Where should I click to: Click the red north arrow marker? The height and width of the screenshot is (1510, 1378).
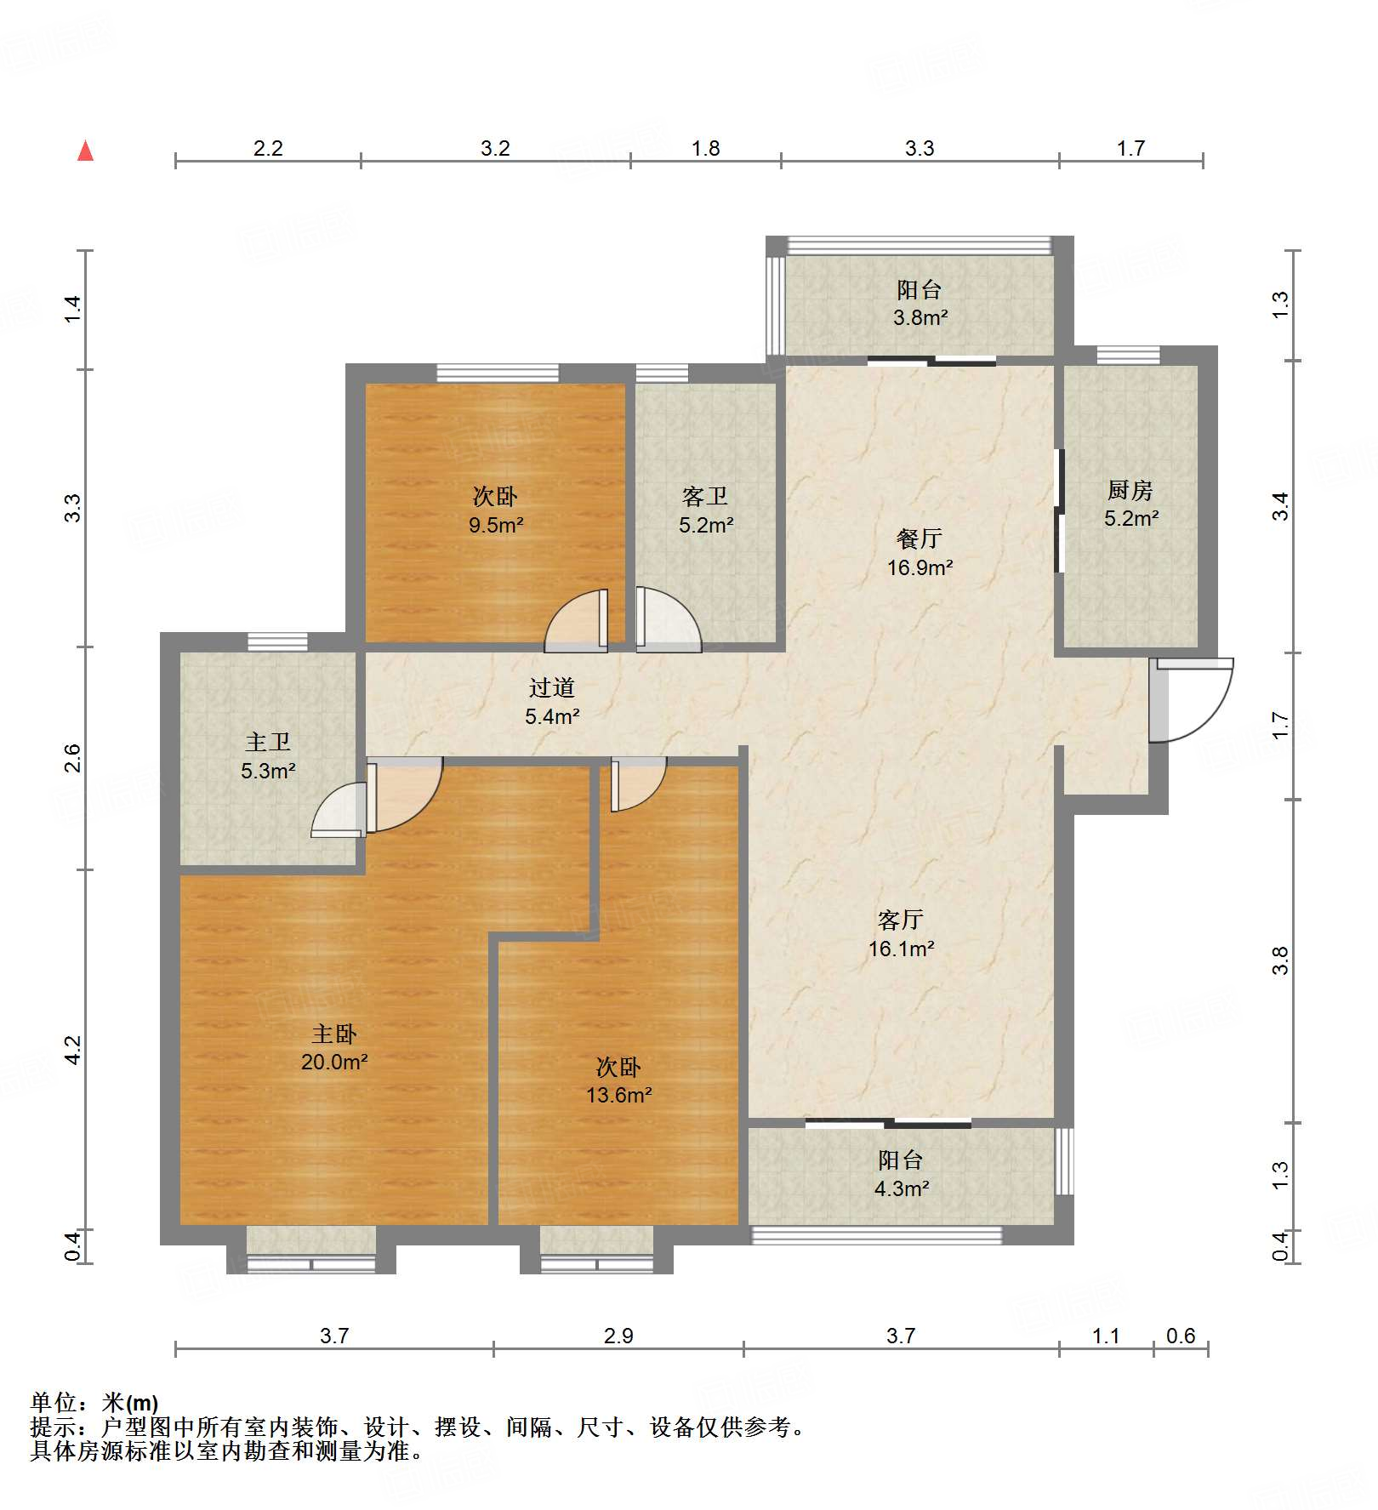(x=85, y=151)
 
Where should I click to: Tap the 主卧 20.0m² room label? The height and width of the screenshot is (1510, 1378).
(x=333, y=1047)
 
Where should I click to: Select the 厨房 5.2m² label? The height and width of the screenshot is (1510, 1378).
(x=1130, y=504)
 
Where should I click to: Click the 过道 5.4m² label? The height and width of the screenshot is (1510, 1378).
(x=552, y=701)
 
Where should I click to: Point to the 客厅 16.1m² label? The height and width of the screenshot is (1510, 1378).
(x=901, y=933)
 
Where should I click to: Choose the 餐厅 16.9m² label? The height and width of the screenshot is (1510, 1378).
(x=920, y=552)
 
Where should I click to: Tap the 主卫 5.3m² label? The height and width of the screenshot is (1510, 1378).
(x=268, y=756)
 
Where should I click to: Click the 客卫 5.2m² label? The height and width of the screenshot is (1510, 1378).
(x=705, y=510)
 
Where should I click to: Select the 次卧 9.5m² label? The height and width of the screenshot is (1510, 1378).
(x=495, y=510)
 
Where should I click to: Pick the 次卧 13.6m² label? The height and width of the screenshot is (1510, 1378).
(x=618, y=1080)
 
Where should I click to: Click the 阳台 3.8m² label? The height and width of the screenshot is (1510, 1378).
(x=920, y=303)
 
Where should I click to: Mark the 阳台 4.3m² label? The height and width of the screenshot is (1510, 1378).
(x=901, y=1173)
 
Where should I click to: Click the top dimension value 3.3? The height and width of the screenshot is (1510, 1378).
(x=920, y=149)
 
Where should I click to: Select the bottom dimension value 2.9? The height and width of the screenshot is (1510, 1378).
(x=618, y=1336)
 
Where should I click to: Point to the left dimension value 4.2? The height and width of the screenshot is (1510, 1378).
(x=73, y=1049)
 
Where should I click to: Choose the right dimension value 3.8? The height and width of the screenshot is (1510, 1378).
(x=1280, y=960)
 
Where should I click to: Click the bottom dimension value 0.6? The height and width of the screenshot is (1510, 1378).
(x=1181, y=1336)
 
